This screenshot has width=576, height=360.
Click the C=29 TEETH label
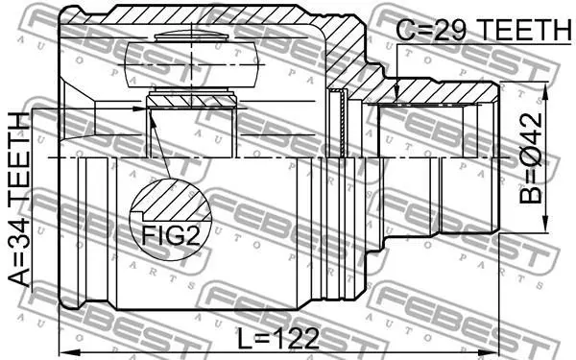tap(484, 30)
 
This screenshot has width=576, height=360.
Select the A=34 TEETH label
tap(19, 200)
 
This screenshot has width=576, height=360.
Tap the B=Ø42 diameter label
tap(531, 158)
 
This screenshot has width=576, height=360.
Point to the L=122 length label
tap(277, 338)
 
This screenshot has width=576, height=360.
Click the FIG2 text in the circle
tap(171, 235)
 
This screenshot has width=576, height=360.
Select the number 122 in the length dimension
tap(296, 338)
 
